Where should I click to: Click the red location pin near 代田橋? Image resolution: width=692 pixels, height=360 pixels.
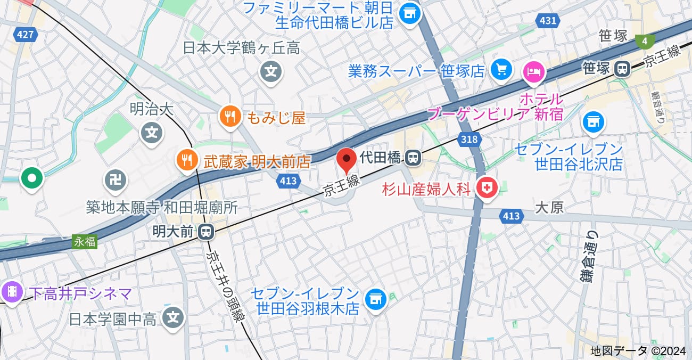coord(347,159)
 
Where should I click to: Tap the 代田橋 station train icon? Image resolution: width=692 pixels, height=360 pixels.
coord(413,157)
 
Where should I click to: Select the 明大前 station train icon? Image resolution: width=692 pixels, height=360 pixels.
coord(205,232)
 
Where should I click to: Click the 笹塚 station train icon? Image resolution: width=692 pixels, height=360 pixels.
coord(621,68)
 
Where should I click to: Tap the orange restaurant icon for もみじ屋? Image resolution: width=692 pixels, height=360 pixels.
coord(230,117)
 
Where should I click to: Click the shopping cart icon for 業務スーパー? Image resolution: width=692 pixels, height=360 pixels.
coord(501,69)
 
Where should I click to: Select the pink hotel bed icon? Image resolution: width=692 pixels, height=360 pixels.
coord(534,71)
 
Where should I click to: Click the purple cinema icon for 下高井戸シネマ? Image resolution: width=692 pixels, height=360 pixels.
coord(12,291)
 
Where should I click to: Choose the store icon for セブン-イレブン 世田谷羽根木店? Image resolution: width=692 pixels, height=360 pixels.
coord(376,299)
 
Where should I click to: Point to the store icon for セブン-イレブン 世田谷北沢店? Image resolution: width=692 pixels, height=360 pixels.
coord(594,122)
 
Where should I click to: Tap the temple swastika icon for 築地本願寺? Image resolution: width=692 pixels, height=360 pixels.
coord(115,181)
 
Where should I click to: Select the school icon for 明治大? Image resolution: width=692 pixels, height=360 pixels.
coord(153,130)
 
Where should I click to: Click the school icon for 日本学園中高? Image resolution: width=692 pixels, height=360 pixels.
coord(172,318)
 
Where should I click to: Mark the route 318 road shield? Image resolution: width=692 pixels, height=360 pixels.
coord(469,140)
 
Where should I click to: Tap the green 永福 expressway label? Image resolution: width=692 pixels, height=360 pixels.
coord(85,241)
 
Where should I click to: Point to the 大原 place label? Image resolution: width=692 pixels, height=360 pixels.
coord(549,207)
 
